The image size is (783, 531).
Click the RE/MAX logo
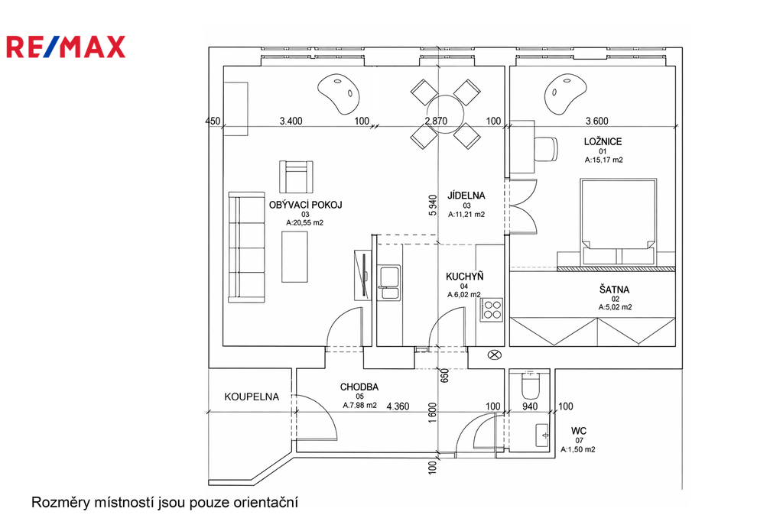coord(66,47)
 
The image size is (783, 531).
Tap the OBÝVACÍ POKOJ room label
coord(305,205)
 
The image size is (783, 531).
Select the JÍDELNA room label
coord(466,196)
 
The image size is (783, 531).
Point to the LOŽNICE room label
coord(603,142)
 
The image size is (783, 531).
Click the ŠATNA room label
coord(614,290)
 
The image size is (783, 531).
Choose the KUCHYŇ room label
coord(464,277)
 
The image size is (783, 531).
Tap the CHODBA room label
coord(359,387)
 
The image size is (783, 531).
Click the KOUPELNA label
coord(251,397)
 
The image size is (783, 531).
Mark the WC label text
coord(579,431)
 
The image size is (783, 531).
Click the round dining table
coord(446,115)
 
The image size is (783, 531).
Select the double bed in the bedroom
coord(618,222)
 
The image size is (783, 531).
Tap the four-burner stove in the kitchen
coord(492,309)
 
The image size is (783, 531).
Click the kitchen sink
coord(389,283)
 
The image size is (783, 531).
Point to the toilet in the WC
coord(529,385)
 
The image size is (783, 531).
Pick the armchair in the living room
coord(296,176)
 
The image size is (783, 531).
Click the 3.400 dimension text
coord(291,121)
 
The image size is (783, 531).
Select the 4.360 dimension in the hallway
coord(398,406)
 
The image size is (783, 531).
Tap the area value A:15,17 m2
coord(604,160)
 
